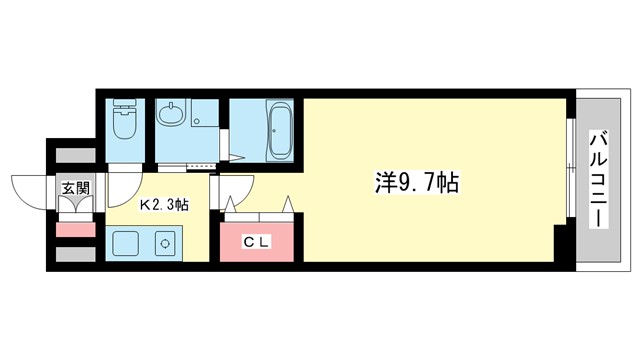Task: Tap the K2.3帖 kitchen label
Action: [164, 206]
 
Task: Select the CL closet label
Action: [258, 240]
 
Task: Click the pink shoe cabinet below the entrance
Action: [75, 230]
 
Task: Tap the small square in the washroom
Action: [196, 124]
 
